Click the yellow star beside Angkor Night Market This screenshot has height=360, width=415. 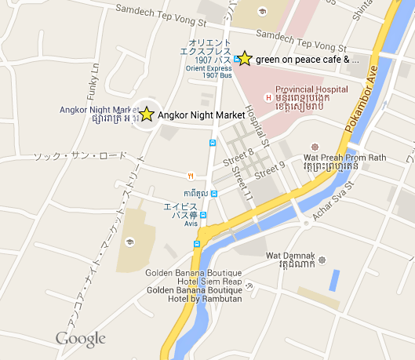146,115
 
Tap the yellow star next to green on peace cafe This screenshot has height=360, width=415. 245,58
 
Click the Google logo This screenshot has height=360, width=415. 80,339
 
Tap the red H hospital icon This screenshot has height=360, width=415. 269,97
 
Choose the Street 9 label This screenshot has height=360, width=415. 270,166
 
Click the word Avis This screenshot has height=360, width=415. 191,224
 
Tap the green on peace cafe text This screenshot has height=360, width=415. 308,59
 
